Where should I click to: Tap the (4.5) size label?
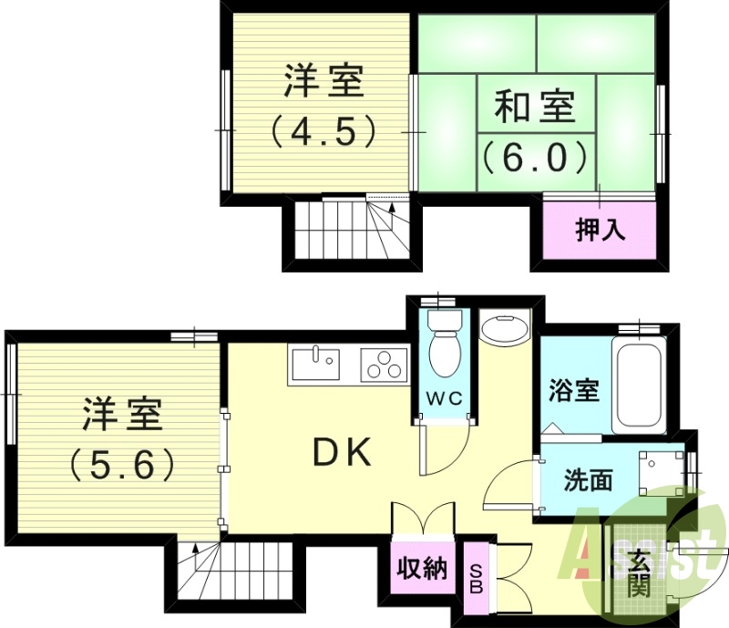[323, 130]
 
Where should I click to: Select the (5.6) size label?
[121, 465]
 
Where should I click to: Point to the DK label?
[342, 452]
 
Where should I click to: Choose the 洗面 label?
[588, 479]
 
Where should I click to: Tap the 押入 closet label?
[601, 230]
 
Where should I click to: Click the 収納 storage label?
[422, 570]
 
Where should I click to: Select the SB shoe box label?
[476, 577]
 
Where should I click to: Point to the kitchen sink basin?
[315, 365]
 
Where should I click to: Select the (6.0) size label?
[535, 159]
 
